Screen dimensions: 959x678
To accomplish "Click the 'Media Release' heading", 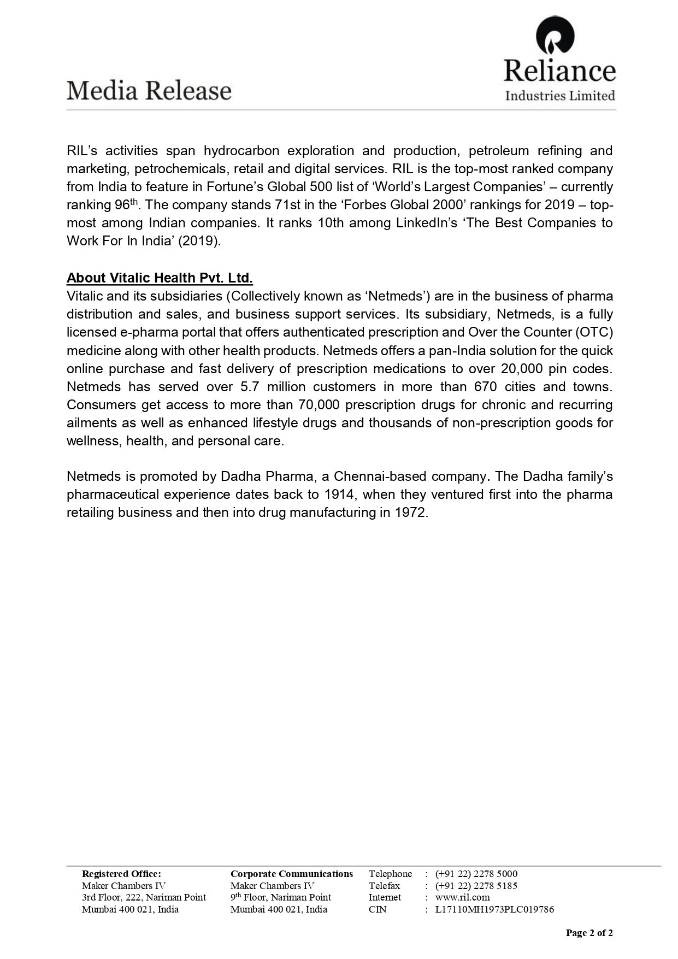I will [149, 91].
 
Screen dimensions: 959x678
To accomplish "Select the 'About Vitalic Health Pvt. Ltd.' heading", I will [160, 278].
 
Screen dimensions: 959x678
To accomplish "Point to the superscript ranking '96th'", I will [126, 204].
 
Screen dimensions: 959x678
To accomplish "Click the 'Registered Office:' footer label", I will [121, 874].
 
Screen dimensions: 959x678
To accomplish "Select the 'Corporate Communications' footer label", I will [292, 874].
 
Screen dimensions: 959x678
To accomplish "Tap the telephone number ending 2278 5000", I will [476, 874].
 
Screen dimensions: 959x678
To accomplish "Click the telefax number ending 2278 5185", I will [476, 886].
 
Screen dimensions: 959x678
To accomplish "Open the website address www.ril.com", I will [462, 897].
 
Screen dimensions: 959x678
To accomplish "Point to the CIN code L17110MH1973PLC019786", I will [494, 909].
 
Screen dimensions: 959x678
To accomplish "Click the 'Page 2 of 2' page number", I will [589, 933].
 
